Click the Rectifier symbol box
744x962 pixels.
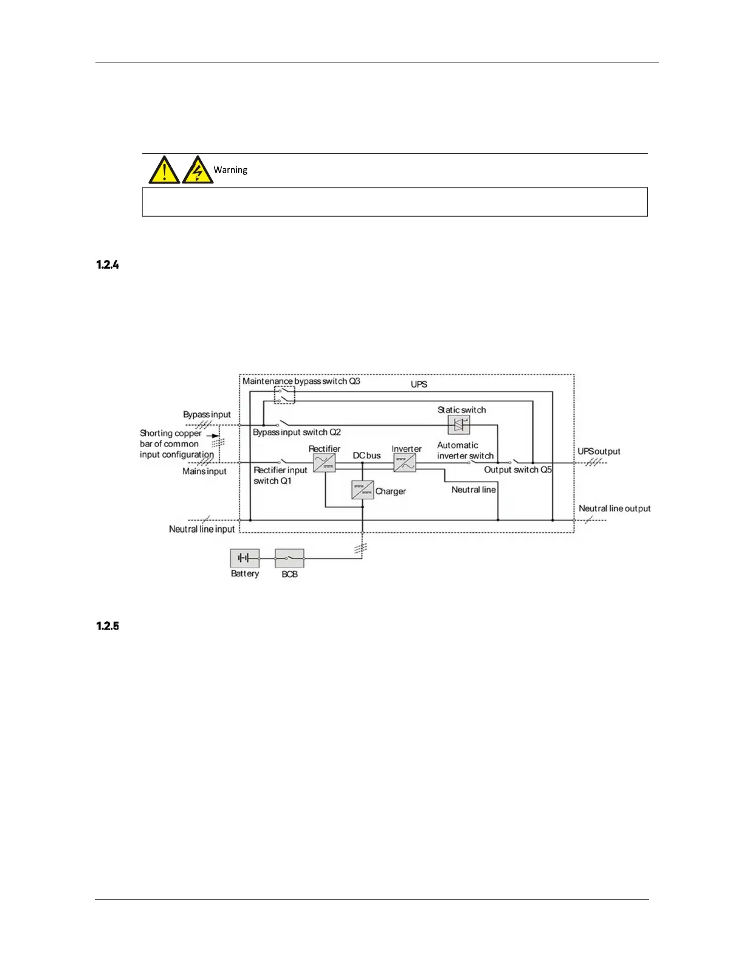pyautogui.click(x=325, y=463)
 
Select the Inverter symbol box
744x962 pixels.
pyautogui.click(x=405, y=463)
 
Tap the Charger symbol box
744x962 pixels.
pyautogui.click(x=362, y=490)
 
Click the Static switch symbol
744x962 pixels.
pyautogui.click(x=459, y=425)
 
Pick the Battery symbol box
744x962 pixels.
pyautogui.click(x=244, y=558)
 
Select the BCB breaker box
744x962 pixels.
pyautogui.click(x=289, y=558)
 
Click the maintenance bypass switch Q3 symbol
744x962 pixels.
pyautogui.click(x=284, y=395)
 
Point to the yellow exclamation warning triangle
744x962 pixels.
pyautogui.click(x=164, y=171)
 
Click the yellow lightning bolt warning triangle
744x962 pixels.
pyautogui.click(x=197, y=171)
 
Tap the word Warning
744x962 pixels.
pyautogui.click(x=230, y=170)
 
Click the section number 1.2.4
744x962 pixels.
pyautogui.click(x=108, y=265)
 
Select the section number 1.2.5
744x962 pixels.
pyautogui.click(x=108, y=626)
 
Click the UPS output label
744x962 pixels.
pyautogui.click(x=599, y=452)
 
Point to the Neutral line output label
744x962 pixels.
pyautogui.click(x=615, y=508)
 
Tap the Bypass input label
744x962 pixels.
pyautogui.click(x=207, y=415)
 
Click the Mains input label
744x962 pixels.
pyautogui.click(x=204, y=471)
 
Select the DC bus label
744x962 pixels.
pyautogui.click(x=367, y=455)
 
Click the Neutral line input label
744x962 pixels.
pyautogui.click(x=202, y=530)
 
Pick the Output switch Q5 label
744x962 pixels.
pyautogui.click(x=518, y=470)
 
